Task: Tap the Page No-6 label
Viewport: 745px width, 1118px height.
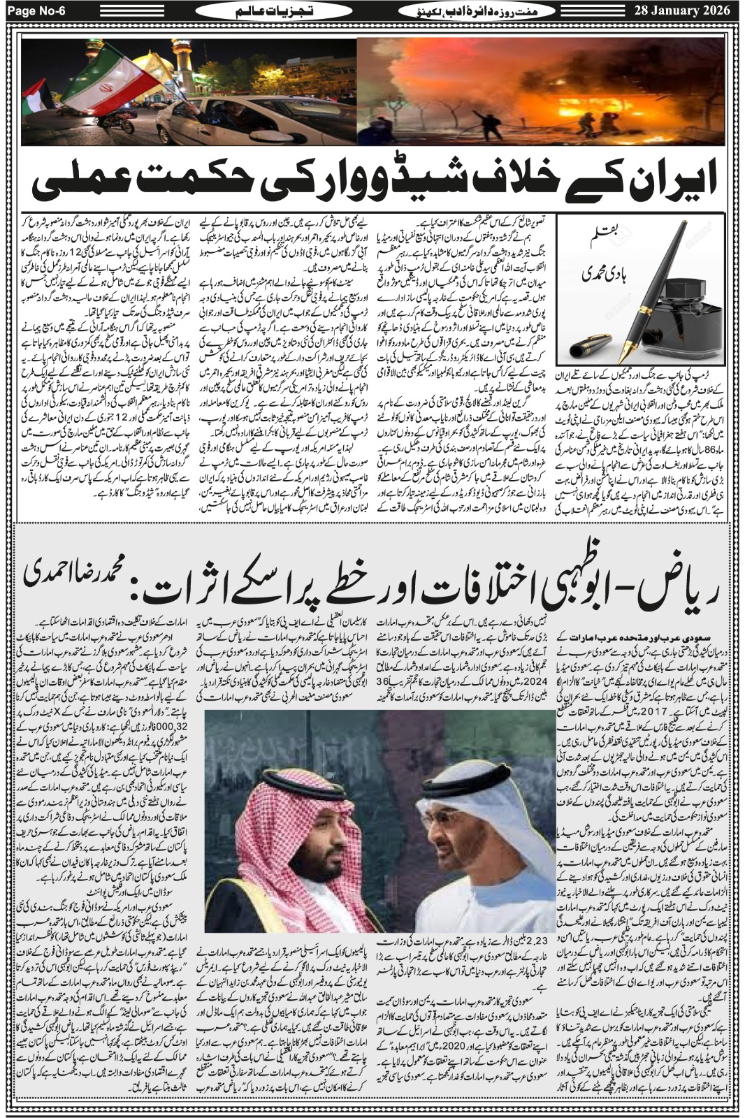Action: coord(48,10)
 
